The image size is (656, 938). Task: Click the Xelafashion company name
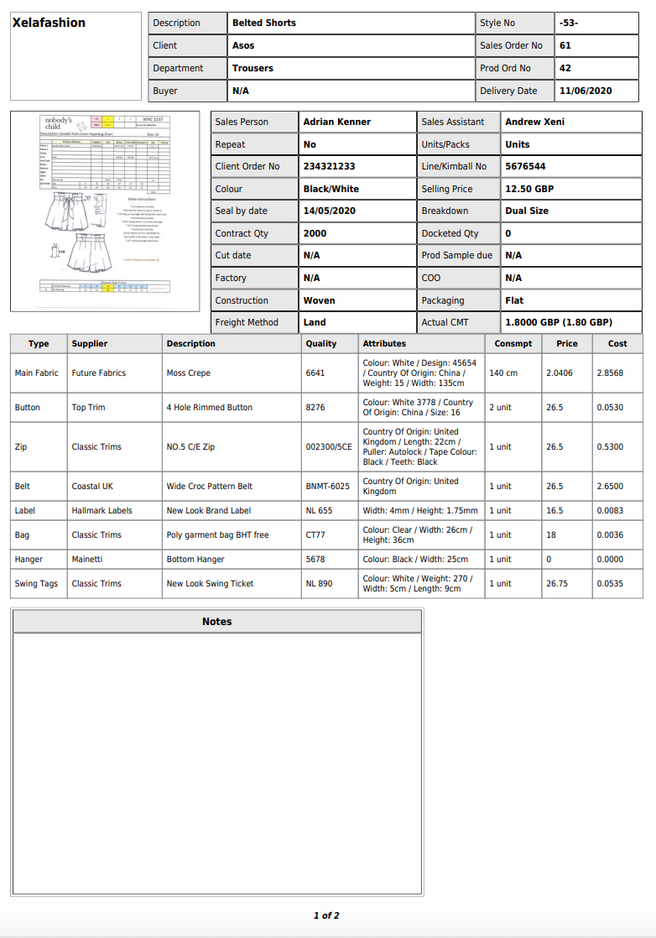(49, 23)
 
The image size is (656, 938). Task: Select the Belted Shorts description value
(264, 23)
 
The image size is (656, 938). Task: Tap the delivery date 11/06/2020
(586, 91)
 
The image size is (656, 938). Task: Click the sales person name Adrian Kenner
(336, 122)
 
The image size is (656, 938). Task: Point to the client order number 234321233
(329, 166)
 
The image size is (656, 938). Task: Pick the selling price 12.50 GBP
(529, 189)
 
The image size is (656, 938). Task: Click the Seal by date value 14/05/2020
(329, 211)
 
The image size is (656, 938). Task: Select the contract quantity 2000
(315, 233)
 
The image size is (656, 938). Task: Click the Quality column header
(321, 343)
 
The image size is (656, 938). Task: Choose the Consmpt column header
(513, 343)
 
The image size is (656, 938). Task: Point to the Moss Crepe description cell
(189, 373)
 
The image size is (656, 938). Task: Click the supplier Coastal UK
(92, 486)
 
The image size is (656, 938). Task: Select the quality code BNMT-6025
(328, 486)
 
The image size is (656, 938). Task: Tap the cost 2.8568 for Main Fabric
(610, 373)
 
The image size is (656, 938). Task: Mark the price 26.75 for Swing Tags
(555, 583)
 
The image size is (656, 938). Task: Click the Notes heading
(216, 622)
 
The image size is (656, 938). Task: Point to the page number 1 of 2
(326, 915)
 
